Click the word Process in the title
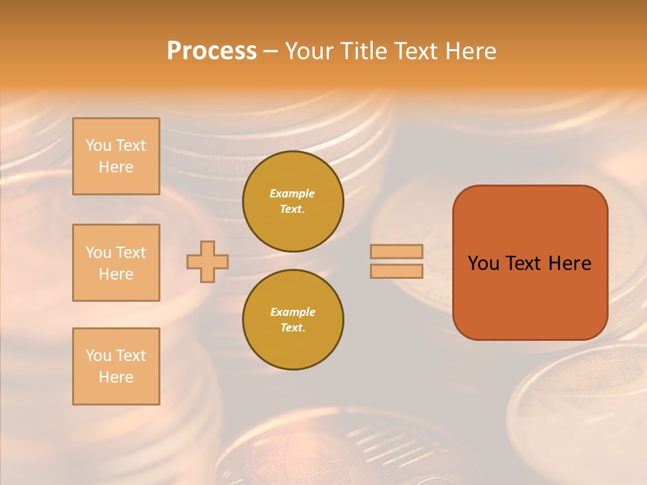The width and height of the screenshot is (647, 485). (212, 51)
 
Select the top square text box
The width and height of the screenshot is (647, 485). (116, 156)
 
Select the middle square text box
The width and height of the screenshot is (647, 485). (116, 263)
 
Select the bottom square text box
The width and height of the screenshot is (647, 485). (116, 366)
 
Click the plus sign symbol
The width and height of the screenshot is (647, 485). (208, 261)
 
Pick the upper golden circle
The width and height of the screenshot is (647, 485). (293, 201)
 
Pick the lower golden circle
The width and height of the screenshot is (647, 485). (293, 320)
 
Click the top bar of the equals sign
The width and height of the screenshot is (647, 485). (396, 252)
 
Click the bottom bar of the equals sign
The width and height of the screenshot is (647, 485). (396, 271)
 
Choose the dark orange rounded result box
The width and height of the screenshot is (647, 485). (530, 263)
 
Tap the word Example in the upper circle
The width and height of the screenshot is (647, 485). (292, 194)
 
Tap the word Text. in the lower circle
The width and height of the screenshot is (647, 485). (292, 328)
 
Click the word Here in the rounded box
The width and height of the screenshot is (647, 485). (569, 263)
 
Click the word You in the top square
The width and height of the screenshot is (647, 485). (98, 146)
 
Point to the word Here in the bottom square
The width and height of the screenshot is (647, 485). (116, 377)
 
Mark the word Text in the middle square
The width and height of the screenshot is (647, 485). (131, 253)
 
